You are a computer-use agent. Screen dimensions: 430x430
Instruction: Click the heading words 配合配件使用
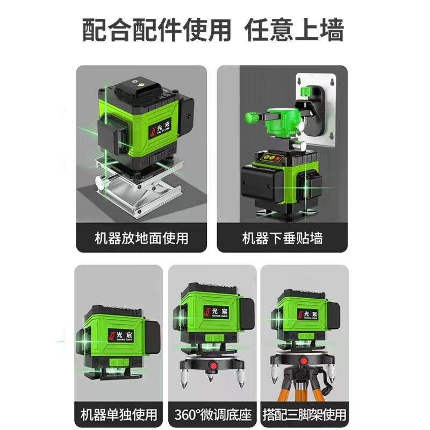coord(156,30)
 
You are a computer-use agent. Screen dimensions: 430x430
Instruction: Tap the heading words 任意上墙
coord(295,30)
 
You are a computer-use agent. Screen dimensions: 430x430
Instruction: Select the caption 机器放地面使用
coord(141,237)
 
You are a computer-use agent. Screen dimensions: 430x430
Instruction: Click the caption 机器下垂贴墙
coord(283,237)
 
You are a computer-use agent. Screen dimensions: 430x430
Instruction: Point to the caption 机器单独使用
coord(119,414)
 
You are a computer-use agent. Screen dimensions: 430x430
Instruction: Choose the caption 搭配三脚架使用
coord(304,414)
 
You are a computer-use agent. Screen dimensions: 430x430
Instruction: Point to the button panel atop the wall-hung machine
coord(271,159)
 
